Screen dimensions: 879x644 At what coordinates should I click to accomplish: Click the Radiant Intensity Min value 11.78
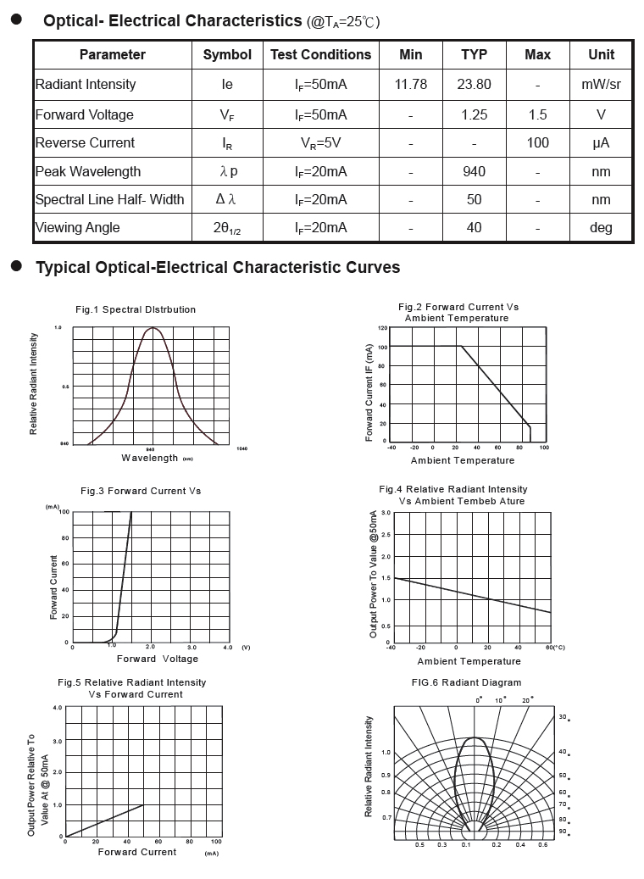click(411, 84)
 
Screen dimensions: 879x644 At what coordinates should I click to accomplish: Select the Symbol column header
click(227, 54)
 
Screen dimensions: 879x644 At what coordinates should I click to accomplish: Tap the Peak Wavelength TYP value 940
click(475, 171)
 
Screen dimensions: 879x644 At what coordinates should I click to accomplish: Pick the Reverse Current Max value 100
click(538, 142)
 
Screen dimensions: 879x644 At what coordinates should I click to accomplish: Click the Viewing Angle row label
click(77, 227)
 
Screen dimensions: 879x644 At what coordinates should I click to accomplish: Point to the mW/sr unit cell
click(601, 84)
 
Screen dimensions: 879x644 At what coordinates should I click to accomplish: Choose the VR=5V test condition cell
click(320, 142)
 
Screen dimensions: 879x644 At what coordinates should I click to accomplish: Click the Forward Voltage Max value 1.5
click(538, 114)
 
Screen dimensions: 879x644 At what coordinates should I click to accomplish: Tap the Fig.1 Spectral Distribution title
click(136, 309)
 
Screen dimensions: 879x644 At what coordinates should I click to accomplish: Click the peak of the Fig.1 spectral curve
click(153, 327)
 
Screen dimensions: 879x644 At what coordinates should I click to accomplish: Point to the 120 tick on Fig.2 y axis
click(382, 328)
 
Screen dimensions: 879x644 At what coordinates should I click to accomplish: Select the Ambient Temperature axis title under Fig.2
click(463, 460)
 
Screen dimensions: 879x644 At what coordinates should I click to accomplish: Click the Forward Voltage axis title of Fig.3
click(158, 659)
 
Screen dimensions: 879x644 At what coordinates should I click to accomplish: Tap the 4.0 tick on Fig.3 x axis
click(227, 647)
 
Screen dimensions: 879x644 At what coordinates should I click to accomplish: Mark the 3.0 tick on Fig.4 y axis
click(386, 513)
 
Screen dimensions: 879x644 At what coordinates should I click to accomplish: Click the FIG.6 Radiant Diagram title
click(473, 682)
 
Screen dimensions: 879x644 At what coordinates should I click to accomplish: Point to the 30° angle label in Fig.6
click(562, 717)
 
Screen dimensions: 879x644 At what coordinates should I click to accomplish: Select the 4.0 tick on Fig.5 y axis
click(58, 707)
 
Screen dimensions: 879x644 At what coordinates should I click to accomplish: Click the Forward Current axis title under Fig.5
click(137, 852)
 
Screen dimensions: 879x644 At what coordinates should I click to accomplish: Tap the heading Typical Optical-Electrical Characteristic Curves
click(218, 268)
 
